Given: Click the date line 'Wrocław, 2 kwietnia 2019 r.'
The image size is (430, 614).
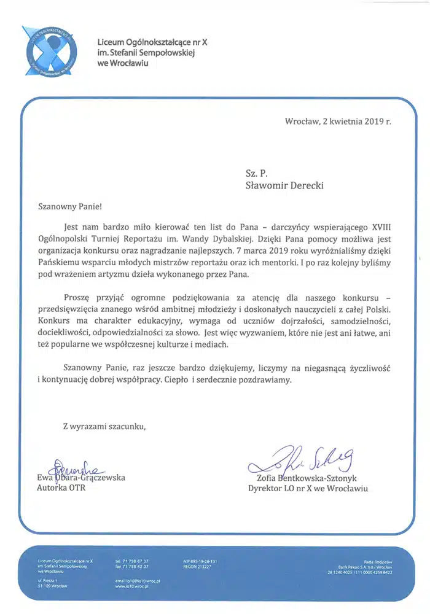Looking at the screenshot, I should point(338,121).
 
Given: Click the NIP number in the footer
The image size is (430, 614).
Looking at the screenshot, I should point(200,561).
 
